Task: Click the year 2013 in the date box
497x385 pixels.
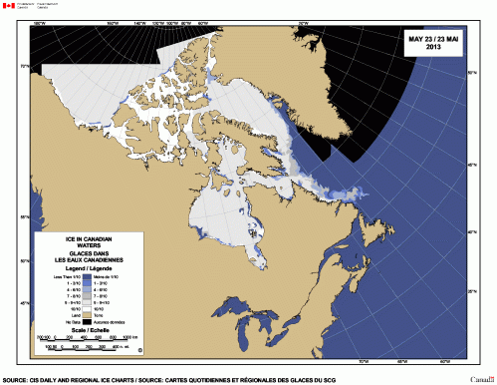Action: [433, 47]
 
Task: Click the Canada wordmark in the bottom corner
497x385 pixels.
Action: [482, 379]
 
